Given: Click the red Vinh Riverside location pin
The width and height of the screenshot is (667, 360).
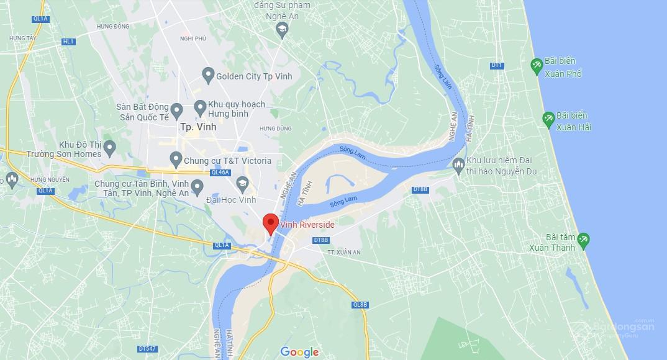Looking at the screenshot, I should click(x=270, y=222).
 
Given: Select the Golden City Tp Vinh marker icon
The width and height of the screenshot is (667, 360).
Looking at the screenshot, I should click(x=209, y=76).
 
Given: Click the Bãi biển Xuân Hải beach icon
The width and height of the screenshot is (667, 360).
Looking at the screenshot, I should click(x=548, y=119).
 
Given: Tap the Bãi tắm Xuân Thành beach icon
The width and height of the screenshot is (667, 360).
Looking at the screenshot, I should click(x=583, y=240).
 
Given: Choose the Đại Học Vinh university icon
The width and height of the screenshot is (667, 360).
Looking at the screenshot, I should click(x=242, y=184).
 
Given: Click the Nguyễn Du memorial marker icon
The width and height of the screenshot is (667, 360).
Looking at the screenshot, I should click(x=458, y=165).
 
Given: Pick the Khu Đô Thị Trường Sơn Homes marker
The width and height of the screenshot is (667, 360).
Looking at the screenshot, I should click(x=110, y=148).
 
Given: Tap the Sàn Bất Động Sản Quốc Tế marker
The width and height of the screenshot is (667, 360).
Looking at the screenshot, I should click(x=176, y=111).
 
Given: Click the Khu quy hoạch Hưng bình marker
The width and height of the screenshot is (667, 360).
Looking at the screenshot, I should click(x=201, y=107).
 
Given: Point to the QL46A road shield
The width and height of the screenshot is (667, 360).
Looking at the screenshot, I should click(x=220, y=173).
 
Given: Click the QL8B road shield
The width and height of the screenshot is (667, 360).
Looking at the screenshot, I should click(x=360, y=305).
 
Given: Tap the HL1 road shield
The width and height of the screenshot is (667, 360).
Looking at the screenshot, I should click(x=68, y=42).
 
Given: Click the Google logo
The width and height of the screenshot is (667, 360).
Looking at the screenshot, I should click(x=299, y=352).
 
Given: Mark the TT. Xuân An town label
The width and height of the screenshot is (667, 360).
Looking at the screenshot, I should click(x=343, y=253).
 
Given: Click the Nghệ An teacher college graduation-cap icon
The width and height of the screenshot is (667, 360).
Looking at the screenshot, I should click(x=282, y=29).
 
